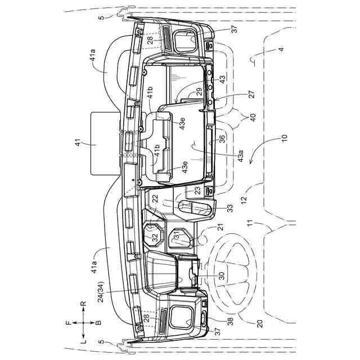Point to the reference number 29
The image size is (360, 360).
[x=199, y=93]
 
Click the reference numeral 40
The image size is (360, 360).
[x=249, y=118]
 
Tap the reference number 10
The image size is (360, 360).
[x=284, y=137]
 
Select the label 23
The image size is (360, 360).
[x=197, y=190]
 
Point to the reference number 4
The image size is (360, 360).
[x=281, y=49]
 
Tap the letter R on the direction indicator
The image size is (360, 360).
[x=83, y=304]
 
